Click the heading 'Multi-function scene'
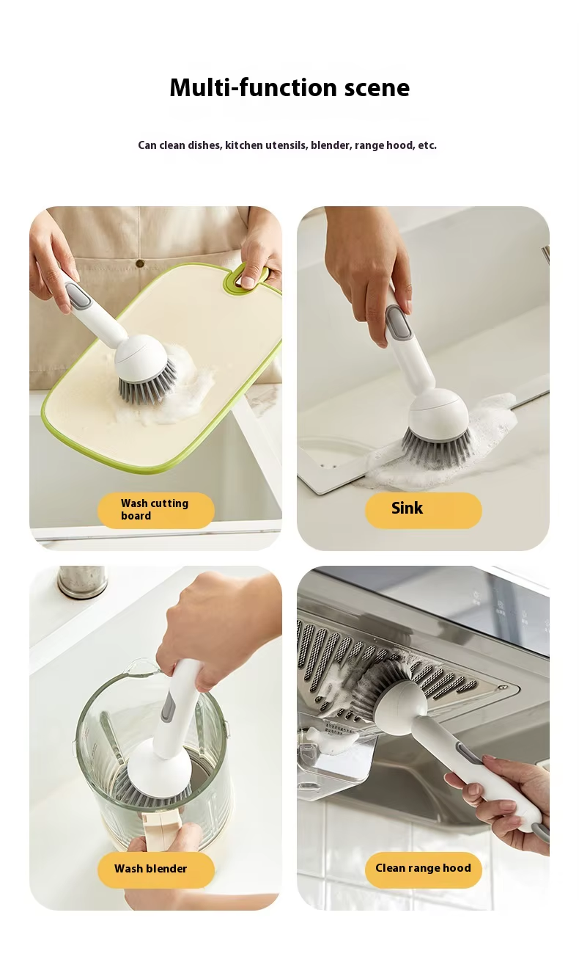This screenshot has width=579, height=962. tap(289, 88)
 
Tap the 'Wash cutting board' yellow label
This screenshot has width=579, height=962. tap(155, 510)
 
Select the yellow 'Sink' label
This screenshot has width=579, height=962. tap(424, 510)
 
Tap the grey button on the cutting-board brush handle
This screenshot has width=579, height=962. tap(78, 296)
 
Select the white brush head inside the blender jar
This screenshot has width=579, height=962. tap(159, 769)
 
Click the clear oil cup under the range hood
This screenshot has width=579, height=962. tap(337, 751)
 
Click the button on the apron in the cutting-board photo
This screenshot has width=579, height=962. tap(139, 263)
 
